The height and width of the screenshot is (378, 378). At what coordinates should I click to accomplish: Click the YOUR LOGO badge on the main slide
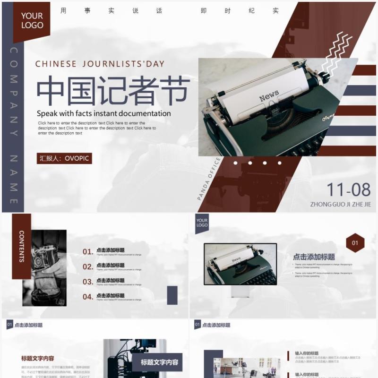tap(32, 21)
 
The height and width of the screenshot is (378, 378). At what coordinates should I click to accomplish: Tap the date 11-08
tap(349, 189)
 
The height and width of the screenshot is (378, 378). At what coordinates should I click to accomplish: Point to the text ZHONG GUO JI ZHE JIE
tap(341, 205)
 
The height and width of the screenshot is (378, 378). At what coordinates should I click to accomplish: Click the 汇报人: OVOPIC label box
tap(64, 158)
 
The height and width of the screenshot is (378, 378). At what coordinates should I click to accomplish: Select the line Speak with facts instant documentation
tap(104, 113)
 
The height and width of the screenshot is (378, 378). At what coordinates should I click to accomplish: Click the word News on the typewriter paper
tap(269, 96)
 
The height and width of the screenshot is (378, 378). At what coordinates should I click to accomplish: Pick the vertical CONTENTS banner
tap(22, 246)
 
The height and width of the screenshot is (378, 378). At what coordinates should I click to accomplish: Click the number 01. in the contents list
tap(88, 252)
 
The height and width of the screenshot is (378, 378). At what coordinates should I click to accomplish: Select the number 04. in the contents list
tap(88, 297)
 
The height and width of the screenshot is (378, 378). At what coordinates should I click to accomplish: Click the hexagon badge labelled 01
tap(355, 243)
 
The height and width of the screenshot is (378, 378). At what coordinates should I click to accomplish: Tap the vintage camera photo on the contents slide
tap(44, 268)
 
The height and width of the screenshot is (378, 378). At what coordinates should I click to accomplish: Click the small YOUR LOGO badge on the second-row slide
tap(202, 223)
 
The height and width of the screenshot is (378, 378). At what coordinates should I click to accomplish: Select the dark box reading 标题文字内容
tap(159, 363)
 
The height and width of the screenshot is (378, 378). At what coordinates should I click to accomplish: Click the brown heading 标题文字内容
tap(37, 359)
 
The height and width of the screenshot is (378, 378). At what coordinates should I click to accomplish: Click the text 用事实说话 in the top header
tap(112, 10)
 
